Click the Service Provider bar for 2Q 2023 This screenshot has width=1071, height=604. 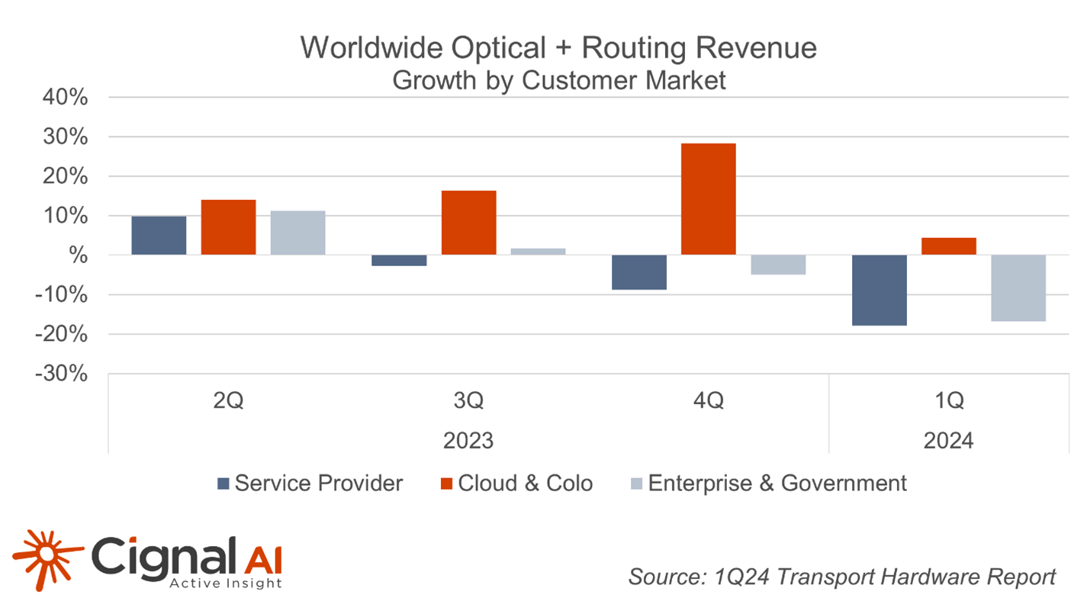(159, 235)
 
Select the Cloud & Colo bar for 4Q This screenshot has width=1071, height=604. (708, 199)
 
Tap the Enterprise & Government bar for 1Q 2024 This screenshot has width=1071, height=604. (1018, 288)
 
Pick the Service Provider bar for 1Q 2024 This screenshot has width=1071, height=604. (880, 291)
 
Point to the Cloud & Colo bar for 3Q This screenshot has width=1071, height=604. (468, 223)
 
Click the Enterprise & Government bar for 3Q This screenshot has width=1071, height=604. (538, 252)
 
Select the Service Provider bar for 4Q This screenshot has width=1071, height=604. (639, 272)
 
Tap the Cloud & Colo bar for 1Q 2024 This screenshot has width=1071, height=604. (948, 246)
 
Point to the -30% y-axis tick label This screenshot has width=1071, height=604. (65, 374)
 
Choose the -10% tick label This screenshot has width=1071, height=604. (65, 295)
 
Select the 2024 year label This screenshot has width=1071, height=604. (948, 440)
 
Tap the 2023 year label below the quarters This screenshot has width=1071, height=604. (468, 440)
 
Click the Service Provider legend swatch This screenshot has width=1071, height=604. (223, 484)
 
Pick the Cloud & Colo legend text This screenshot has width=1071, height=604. (525, 483)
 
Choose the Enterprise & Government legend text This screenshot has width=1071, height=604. (777, 483)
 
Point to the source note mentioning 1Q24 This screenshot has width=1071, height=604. (842, 577)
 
